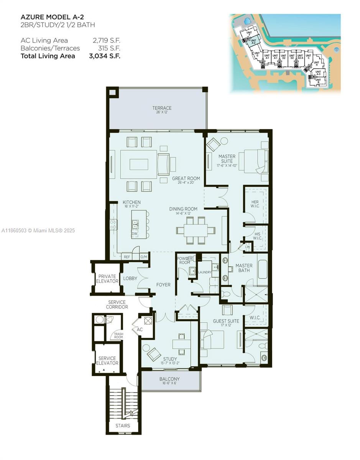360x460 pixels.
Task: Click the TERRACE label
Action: (162, 108)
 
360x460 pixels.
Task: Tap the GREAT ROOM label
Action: (186, 179)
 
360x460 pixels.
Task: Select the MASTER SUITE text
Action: (227, 159)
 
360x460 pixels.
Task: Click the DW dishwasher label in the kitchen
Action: (135, 233)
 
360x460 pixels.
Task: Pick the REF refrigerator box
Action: (126, 257)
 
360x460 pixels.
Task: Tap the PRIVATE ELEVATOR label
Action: (107, 279)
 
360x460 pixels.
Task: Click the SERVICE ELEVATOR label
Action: (107, 361)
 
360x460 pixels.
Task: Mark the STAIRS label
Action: (123, 426)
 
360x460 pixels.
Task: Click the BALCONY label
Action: (169, 379)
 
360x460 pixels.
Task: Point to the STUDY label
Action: (170, 359)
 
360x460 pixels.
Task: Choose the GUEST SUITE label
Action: (226, 321)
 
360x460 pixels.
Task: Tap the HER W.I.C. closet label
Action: (255, 205)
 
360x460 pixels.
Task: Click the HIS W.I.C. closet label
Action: (257, 236)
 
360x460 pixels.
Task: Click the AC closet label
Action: (140, 329)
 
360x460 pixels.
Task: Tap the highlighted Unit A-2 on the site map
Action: (253, 42)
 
